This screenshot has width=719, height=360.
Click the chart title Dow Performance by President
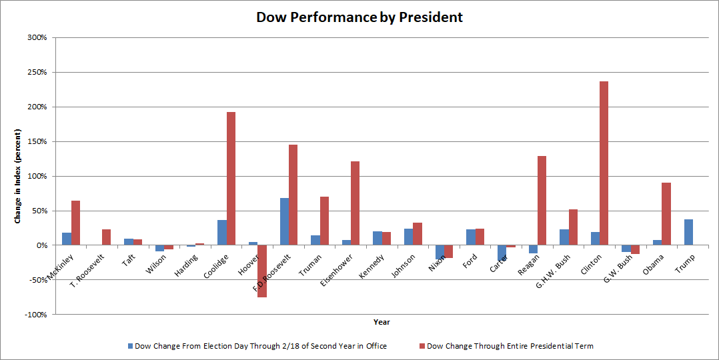[359, 17]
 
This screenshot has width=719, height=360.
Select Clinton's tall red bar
[604, 163]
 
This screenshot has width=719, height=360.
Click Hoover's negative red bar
[262, 271]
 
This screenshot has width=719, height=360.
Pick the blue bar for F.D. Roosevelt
[284, 221]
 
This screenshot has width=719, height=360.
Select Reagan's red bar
[542, 201]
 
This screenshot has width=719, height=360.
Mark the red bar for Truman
[324, 221]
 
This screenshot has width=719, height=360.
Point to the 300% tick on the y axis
[37, 37]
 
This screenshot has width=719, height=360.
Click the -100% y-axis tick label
[36, 315]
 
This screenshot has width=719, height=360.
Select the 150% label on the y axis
[37, 141]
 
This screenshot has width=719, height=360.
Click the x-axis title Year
[382, 322]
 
